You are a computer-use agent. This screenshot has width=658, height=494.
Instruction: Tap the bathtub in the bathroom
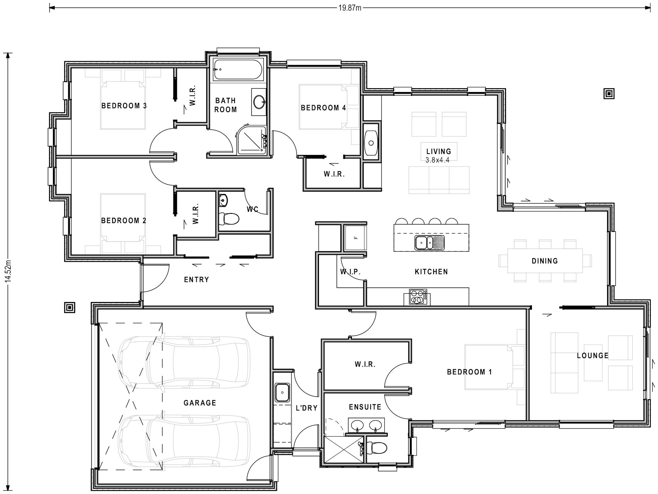tap(237, 70)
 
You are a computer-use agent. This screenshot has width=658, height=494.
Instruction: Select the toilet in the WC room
tap(229, 218)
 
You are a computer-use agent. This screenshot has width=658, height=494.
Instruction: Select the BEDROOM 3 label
tap(124, 106)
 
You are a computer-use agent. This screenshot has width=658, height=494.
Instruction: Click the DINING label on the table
tap(544, 261)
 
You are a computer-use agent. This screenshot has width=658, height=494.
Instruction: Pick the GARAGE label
tap(199, 403)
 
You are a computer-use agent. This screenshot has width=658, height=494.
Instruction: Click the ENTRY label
tap(196, 280)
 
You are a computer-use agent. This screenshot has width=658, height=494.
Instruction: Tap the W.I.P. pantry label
tap(350, 272)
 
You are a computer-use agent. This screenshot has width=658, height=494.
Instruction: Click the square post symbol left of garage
tap(70, 307)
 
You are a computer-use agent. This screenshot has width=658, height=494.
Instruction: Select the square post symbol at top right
tap(609, 93)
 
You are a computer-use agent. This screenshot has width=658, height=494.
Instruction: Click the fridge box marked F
tap(355, 237)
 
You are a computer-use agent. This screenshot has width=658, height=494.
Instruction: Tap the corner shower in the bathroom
tap(252, 141)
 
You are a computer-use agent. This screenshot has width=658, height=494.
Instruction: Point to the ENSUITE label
tap(365, 407)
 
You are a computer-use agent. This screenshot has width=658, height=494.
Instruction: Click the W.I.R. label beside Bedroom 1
tap(365, 364)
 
